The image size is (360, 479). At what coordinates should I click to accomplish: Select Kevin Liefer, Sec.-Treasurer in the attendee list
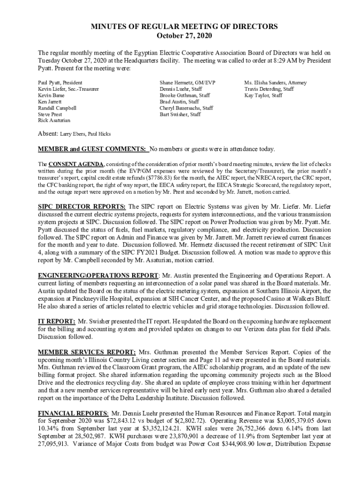pos(68,89)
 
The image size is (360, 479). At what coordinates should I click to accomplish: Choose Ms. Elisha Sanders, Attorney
pos(275,82)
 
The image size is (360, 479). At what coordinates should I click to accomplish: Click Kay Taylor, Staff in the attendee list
pos(263,95)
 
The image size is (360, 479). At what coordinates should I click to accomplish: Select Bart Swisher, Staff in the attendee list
pos(180,114)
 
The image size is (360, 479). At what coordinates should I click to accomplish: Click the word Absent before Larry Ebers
pos(48,134)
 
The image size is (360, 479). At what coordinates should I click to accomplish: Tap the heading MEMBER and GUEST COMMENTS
pos(93,149)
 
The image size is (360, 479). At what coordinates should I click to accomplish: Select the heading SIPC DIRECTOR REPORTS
pos(81,206)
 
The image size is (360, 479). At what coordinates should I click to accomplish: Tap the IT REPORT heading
pos(56,321)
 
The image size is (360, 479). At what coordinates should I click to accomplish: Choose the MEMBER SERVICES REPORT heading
pos(87,352)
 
